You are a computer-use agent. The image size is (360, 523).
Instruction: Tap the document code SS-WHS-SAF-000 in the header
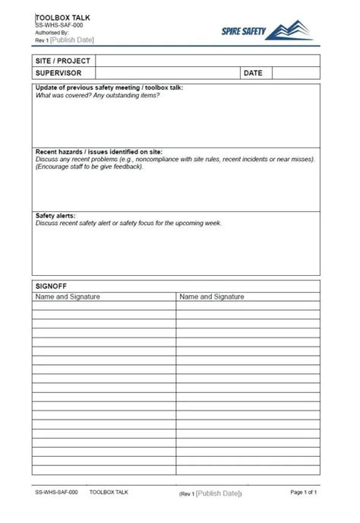pyautogui.click(x=59, y=25)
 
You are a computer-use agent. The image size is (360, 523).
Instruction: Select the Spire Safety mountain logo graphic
pyautogui.click(x=292, y=30)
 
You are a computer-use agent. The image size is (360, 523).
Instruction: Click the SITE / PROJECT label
pyautogui.click(x=62, y=61)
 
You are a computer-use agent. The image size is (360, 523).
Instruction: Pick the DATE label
pyautogui.click(x=254, y=74)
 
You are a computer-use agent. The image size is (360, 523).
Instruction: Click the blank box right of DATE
pyautogui.click(x=295, y=74)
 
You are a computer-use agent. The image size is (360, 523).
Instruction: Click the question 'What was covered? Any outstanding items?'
pyautogui.click(x=98, y=95)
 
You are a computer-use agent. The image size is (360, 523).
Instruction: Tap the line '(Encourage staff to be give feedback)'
pyautogui.click(x=90, y=166)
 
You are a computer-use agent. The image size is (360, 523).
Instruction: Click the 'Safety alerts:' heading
pyautogui.click(x=55, y=216)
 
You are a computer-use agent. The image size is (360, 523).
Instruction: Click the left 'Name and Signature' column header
pyautogui.click(x=68, y=296)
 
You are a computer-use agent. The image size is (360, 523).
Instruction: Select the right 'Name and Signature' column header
pyautogui.click(x=212, y=296)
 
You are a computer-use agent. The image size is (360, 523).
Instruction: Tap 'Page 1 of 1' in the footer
pyautogui.click(x=304, y=493)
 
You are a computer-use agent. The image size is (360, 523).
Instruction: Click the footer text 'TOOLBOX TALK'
pyautogui.click(x=109, y=493)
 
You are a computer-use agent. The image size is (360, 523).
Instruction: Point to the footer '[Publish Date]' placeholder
pyautogui.click(x=219, y=493)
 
